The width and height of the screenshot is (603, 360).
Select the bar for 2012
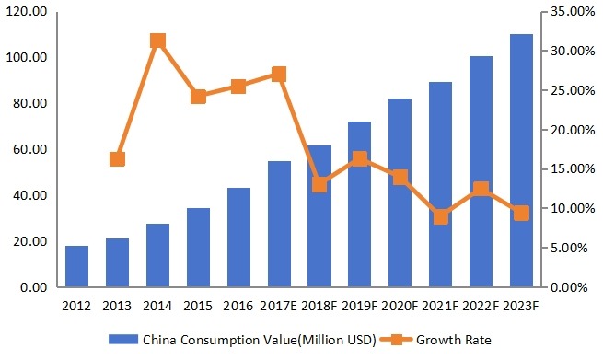click(76, 267)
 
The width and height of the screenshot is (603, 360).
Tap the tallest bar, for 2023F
click(521, 161)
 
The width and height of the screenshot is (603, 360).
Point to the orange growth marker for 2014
click(157, 41)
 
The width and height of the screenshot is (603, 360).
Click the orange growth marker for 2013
click(117, 159)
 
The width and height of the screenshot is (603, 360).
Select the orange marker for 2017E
click(279, 75)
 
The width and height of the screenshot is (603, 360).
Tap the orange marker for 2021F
click(440, 217)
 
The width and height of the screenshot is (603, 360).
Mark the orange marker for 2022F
click(481, 190)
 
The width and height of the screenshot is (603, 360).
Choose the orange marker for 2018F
click(319, 184)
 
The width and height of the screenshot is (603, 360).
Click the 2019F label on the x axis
click(359, 305)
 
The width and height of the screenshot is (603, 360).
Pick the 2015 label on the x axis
click(198, 305)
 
